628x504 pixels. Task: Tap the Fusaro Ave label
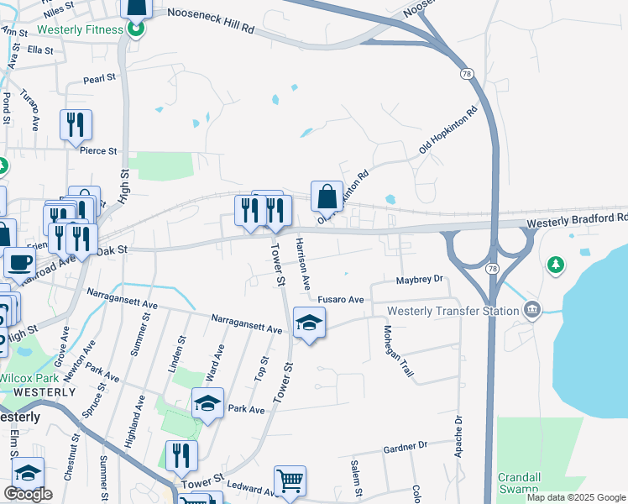(340, 299)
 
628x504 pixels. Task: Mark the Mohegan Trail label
(400, 350)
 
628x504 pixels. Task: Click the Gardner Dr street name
(405, 444)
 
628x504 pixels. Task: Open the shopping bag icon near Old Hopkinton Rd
(327, 197)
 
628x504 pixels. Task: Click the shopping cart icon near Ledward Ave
(290, 481)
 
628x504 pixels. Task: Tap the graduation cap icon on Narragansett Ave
(309, 322)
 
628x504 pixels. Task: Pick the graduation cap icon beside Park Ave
(207, 403)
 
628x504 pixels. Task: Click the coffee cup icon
(19, 261)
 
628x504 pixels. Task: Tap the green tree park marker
(554, 265)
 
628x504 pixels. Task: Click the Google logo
(28, 494)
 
